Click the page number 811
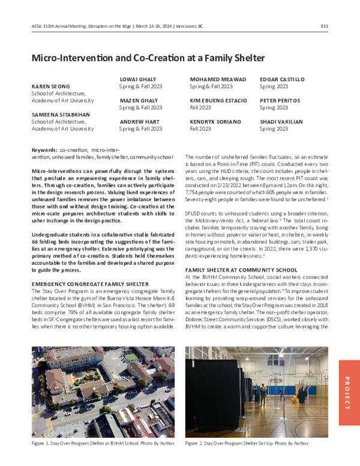pos(324,26)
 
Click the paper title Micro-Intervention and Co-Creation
pos(148,58)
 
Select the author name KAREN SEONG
pos(50,86)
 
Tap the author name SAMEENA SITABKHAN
pos(61,114)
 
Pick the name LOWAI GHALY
pos(138,79)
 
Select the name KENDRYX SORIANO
pos(215,121)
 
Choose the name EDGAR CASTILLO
pos(282,79)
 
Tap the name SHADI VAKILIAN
pos(282,121)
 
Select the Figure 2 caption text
pos(247,443)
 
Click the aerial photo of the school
pos(103,392)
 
